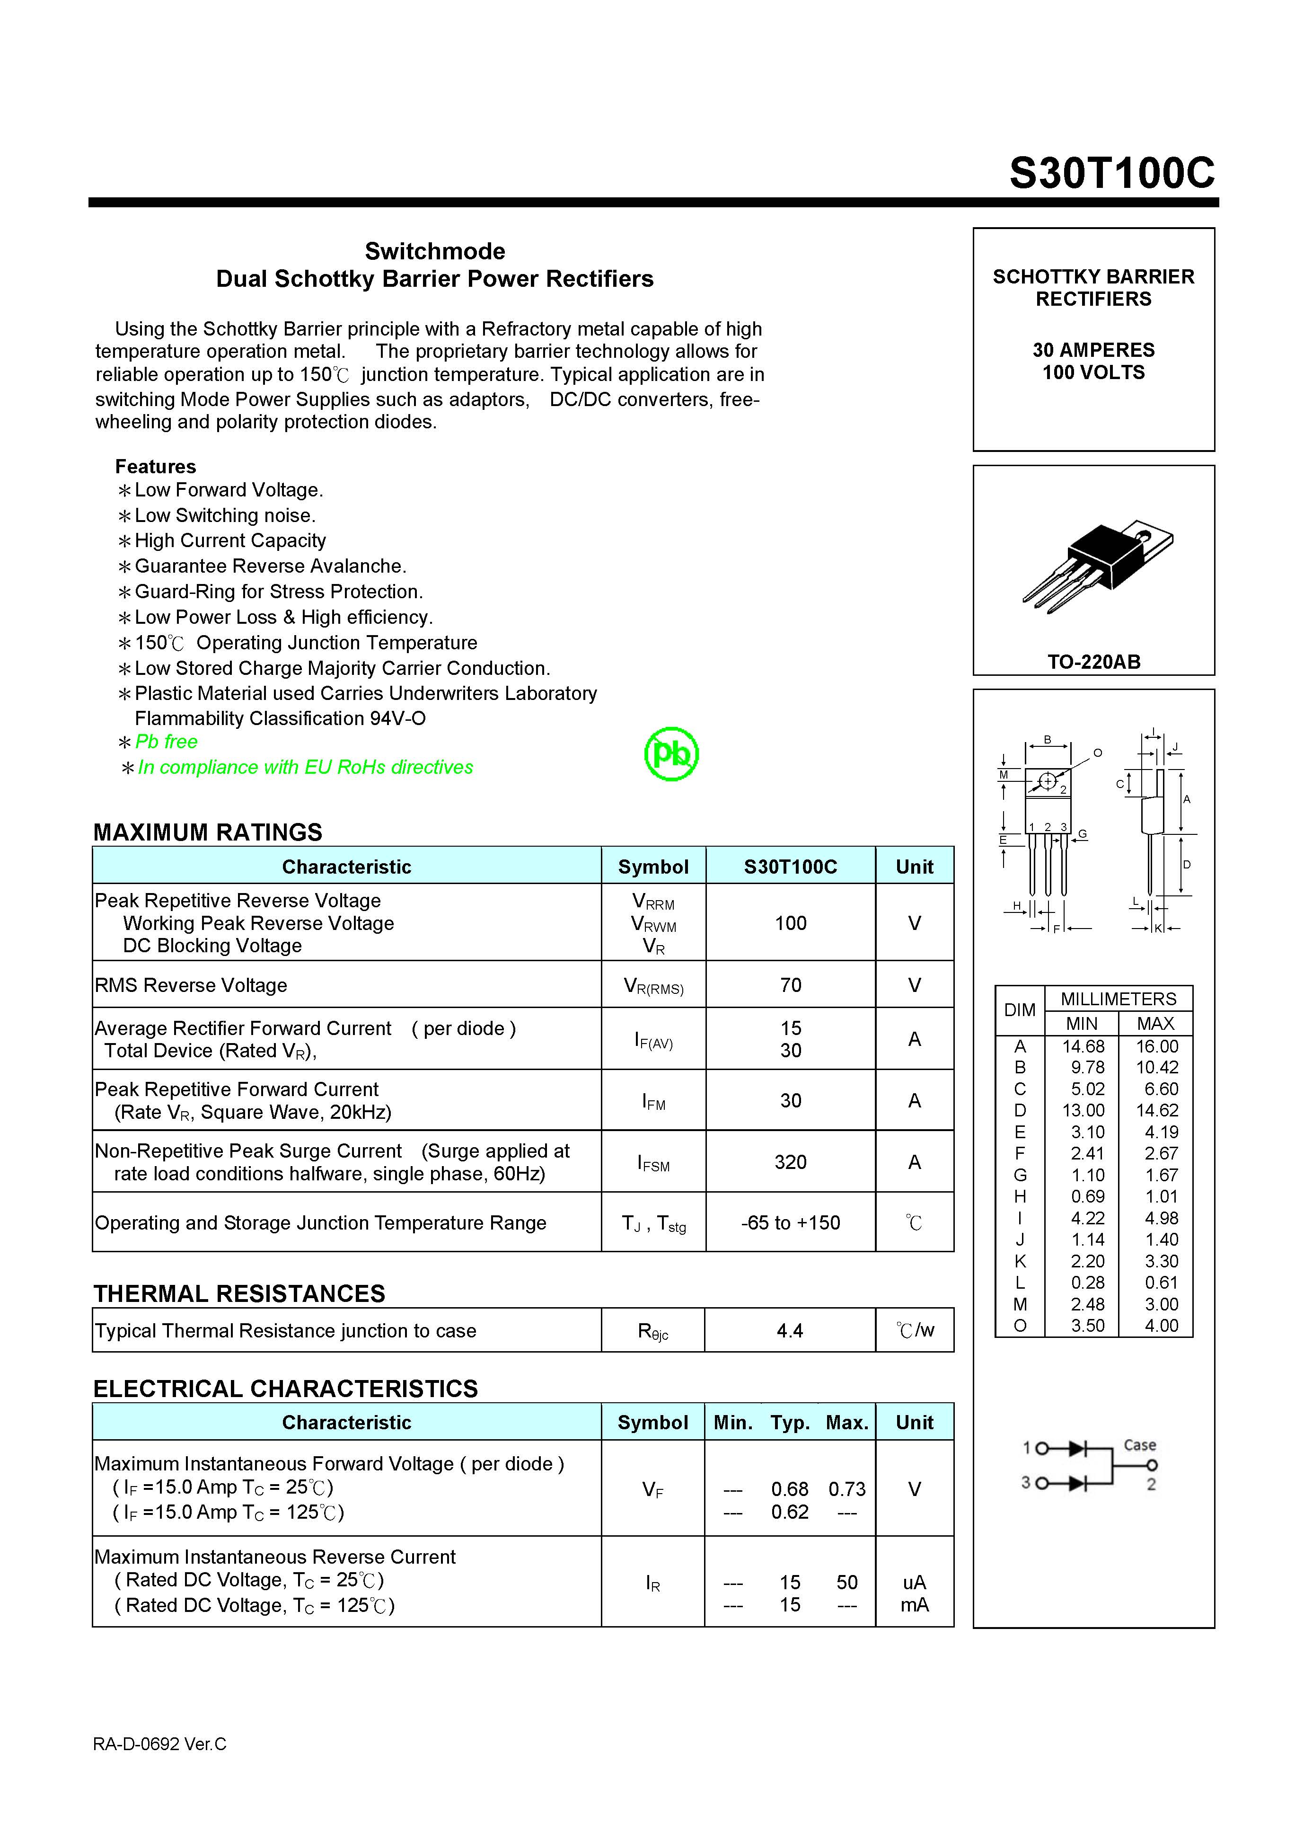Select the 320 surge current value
(790, 1162)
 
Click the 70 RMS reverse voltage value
(790, 985)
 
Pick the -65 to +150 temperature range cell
(790, 1222)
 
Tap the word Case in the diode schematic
(1139, 1445)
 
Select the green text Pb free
(166, 741)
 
